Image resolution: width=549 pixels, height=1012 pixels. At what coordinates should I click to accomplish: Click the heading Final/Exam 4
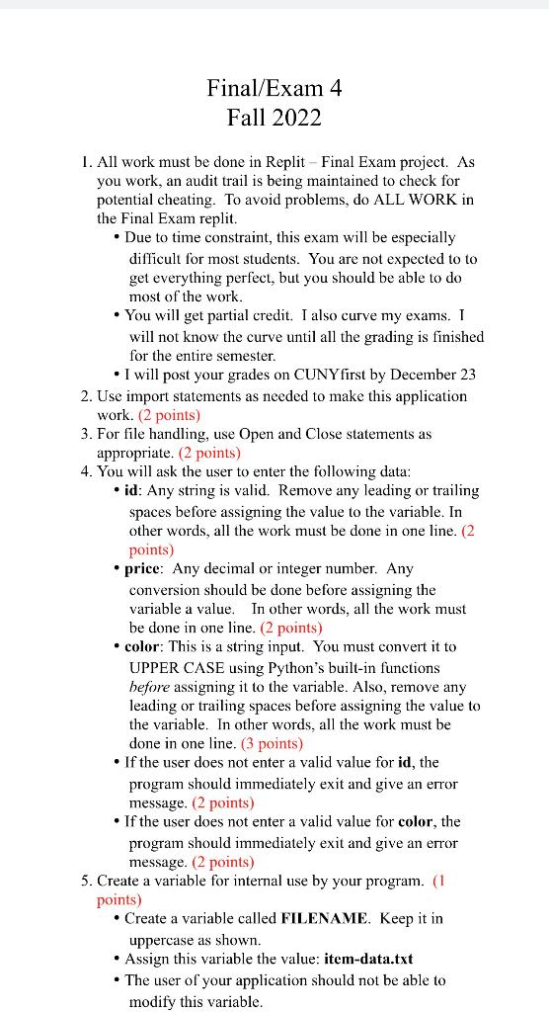pos(274,88)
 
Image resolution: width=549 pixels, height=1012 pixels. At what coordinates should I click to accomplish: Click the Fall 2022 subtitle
pos(274,119)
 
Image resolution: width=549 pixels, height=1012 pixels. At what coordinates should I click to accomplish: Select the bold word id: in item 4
pos(134,491)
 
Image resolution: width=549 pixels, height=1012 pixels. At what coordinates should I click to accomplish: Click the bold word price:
pos(145,569)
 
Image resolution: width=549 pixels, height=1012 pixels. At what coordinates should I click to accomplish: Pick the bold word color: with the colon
pos(147,647)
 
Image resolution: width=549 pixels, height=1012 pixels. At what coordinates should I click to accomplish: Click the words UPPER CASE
pos(174,667)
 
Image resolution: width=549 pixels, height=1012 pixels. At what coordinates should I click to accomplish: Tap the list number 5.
pos(86,880)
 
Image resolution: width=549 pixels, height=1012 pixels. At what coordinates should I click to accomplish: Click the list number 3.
pos(86,433)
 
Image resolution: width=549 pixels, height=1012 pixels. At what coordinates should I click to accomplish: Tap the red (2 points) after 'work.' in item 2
pos(169,414)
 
